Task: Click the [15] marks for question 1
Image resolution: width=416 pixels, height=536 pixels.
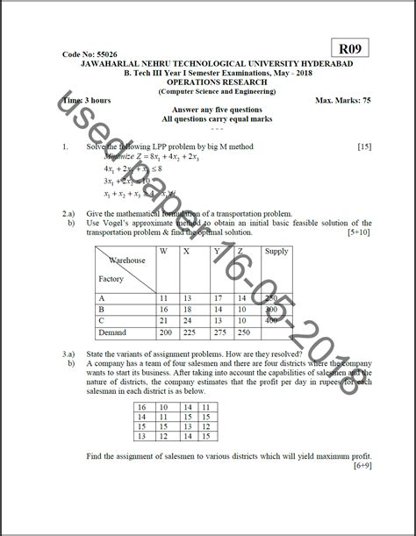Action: click(x=364, y=146)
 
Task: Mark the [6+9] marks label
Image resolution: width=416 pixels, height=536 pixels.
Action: click(x=361, y=466)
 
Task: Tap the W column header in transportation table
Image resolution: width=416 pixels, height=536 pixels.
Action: click(x=163, y=252)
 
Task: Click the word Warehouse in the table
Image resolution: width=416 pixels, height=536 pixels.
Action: click(x=127, y=261)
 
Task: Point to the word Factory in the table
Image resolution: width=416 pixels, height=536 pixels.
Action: click(x=111, y=278)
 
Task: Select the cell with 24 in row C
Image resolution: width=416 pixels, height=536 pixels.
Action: click(x=187, y=321)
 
